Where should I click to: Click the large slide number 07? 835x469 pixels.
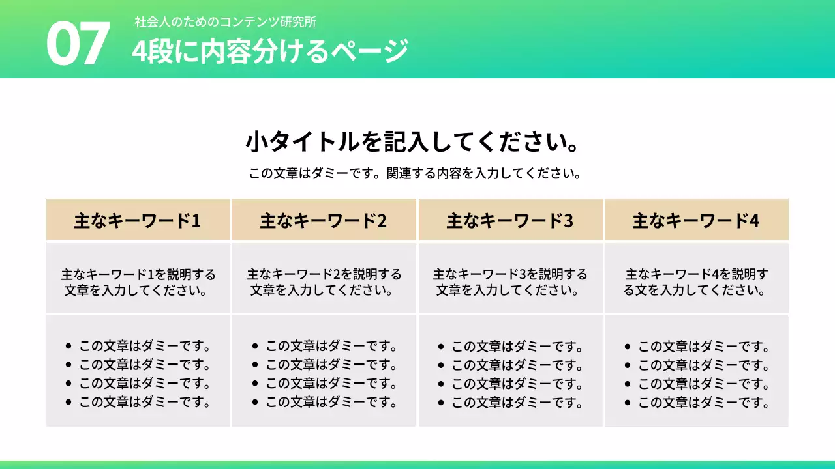point(77,44)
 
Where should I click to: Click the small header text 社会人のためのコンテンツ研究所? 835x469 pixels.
point(225,21)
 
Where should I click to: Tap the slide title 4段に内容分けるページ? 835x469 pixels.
point(270,51)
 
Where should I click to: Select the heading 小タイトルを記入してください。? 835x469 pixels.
point(413,141)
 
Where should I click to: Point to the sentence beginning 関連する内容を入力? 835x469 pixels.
point(483,174)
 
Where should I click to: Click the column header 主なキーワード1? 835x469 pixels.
point(138,221)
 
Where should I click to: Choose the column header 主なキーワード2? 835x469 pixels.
point(324,221)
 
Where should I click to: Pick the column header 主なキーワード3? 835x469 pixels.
point(510,221)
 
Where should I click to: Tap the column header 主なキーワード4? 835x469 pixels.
point(696,221)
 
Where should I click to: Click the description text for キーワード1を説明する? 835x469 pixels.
point(138,282)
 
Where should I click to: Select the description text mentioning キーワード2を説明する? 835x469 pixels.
point(324,282)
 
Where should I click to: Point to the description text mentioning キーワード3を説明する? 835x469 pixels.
point(510,282)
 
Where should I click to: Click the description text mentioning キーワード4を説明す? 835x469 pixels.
point(696,282)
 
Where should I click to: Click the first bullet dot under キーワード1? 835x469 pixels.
point(68,346)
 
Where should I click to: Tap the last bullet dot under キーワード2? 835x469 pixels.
point(255,403)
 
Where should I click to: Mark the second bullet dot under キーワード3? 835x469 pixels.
point(441,365)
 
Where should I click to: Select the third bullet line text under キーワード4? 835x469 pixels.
point(704,384)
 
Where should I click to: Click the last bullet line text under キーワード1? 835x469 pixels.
point(145,403)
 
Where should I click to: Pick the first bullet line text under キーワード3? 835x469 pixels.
point(517,346)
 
